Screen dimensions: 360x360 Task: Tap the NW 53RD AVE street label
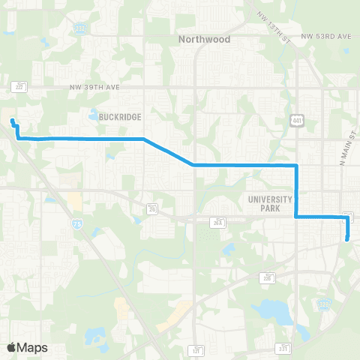[x=326, y=36]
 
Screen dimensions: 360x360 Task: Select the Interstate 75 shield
[x=57, y=223]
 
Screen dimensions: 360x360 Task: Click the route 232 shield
[x=80, y=29]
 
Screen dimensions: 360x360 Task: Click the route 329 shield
[x=323, y=304]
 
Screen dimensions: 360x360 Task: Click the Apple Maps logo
[x=27, y=347]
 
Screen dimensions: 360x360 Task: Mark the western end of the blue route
[x=12, y=121]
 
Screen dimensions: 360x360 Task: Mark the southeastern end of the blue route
[x=347, y=238]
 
